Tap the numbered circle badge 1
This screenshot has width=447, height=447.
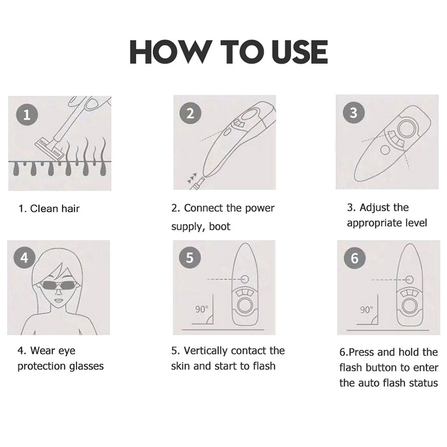click(x=27, y=115)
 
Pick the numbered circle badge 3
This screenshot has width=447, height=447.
click(x=354, y=112)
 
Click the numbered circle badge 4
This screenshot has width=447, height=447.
click(x=24, y=258)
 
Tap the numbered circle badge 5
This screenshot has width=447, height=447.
click(x=189, y=257)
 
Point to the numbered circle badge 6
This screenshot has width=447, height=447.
click(x=354, y=258)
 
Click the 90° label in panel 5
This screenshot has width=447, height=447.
click(x=202, y=309)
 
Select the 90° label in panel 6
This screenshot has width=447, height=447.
click(x=367, y=310)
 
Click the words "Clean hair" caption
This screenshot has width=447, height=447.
click(x=55, y=208)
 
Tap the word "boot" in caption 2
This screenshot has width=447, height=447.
click(x=220, y=227)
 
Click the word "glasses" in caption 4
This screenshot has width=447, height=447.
click(x=86, y=367)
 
